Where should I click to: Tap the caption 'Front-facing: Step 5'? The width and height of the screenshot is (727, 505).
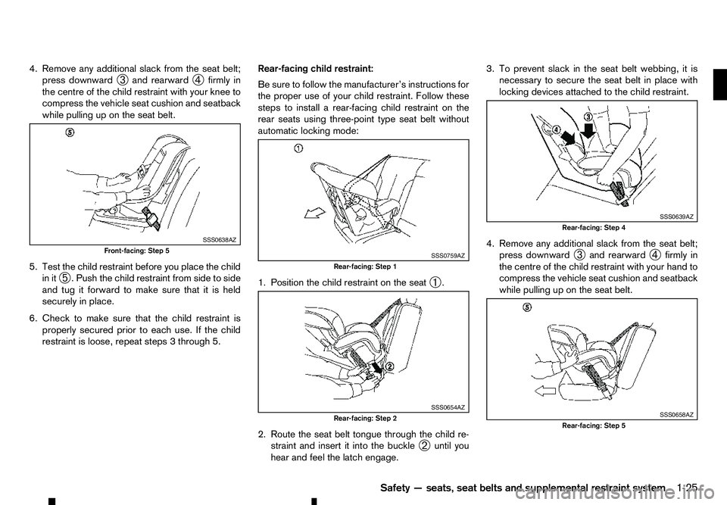pyautogui.click(x=137, y=250)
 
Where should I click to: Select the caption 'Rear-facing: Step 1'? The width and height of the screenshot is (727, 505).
pyautogui.click(x=364, y=266)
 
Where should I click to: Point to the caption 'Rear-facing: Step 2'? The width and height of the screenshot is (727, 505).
pyautogui.click(x=364, y=418)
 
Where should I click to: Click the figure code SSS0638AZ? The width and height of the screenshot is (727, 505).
pyautogui.click(x=220, y=239)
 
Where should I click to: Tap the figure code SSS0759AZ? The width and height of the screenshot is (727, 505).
pyautogui.click(x=448, y=256)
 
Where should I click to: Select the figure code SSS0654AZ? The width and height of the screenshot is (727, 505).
pyautogui.click(x=448, y=407)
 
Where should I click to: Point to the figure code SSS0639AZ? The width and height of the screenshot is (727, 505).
pyautogui.click(x=676, y=217)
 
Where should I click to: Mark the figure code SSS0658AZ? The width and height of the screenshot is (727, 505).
pyautogui.click(x=676, y=415)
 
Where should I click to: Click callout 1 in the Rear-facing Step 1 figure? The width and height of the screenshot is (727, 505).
pyautogui.click(x=300, y=148)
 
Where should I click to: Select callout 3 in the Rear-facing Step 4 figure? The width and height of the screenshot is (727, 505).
pyautogui.click(x=586, y=115)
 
